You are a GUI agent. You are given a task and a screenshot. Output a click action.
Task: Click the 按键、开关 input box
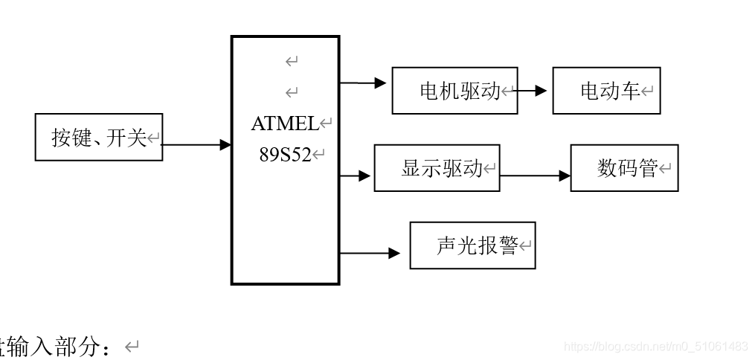click(x=98, y=138)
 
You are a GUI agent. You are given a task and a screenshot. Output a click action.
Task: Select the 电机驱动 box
click(x=454, y=91)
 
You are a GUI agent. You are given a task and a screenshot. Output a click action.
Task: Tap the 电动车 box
click(x=606, y=91)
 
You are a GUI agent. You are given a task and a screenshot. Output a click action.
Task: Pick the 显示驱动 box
click(x=437, y=168)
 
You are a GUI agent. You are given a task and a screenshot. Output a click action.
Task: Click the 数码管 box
click(x=624, y=168)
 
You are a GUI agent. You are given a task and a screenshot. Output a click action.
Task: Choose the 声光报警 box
click(x=472, y=245)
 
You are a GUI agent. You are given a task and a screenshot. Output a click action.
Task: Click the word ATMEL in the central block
click(x=284, y=123)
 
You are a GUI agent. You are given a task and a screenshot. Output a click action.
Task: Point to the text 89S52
click(x=284, y=155)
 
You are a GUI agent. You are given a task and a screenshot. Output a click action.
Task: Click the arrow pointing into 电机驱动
click(x=364, y=83)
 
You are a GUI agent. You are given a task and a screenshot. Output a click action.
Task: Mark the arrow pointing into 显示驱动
click(x=356, y=176)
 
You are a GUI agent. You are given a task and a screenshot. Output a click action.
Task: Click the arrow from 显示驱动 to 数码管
click(x=536, y=176)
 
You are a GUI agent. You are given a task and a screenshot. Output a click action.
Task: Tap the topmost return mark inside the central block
click(x=292, y=61)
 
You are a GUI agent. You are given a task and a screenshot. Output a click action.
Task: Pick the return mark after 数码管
click(x=665, y=170)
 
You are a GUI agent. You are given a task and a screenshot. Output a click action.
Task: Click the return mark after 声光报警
click(x=526, y=246)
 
